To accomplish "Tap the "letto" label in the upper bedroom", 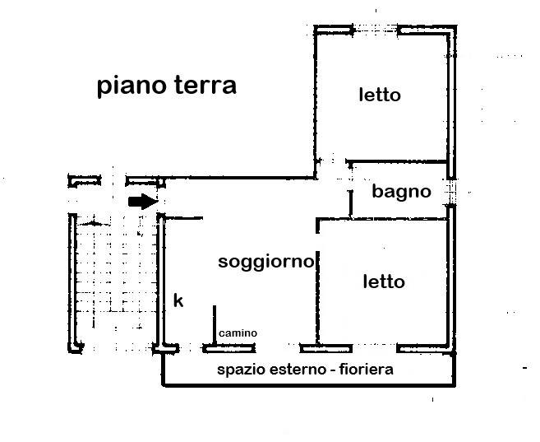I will [379, 95].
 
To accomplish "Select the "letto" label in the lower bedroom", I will [384, 281].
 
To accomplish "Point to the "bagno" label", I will [401, 192].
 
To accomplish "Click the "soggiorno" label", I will [265, 263].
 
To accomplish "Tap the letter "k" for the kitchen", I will [178, 301].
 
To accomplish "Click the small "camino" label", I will [238, 333].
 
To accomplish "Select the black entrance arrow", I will [143, 201].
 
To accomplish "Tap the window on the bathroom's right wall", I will [450, 192].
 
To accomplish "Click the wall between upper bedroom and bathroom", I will [398, 161].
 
